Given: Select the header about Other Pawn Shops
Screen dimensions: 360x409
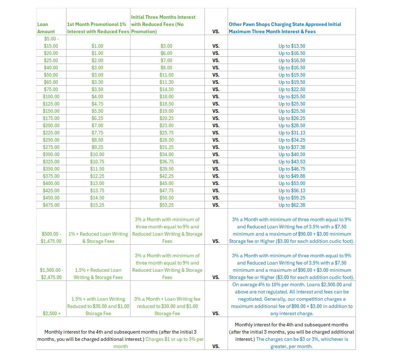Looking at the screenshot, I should click(285, 28).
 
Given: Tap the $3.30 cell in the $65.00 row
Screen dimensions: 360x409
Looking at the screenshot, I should click(96, 82).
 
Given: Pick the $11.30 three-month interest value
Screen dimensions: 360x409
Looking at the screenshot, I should click(167, 82).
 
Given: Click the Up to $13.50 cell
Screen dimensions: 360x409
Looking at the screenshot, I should click(292, 46).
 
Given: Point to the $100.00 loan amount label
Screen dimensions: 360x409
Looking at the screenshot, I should click(51, 97).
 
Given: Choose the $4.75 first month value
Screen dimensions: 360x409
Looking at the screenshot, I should click(96, 104).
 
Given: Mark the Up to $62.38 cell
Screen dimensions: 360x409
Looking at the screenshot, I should click(292, 205).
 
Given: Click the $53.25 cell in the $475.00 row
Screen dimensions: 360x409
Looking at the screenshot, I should click(167, 205).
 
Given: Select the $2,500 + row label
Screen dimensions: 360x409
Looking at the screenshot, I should click(52, 313).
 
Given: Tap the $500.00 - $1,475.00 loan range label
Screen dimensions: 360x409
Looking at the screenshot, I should click(51, 237).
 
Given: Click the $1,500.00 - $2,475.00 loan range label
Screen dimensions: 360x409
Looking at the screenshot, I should click(51, 274).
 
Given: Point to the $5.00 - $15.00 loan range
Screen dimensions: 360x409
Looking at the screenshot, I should click(51, 42).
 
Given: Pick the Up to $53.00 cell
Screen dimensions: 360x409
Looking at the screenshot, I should click(292, 183).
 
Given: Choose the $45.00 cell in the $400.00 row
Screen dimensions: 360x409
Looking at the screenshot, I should click(167, 183).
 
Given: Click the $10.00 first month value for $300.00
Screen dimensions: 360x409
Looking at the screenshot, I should click(96, 154).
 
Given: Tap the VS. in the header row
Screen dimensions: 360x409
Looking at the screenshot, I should click(216, 31).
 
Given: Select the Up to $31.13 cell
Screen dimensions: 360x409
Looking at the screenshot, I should click(292, 133).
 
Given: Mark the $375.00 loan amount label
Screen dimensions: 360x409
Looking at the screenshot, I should click(51, 176).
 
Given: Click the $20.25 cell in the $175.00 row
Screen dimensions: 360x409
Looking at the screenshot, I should click(167, 118).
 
